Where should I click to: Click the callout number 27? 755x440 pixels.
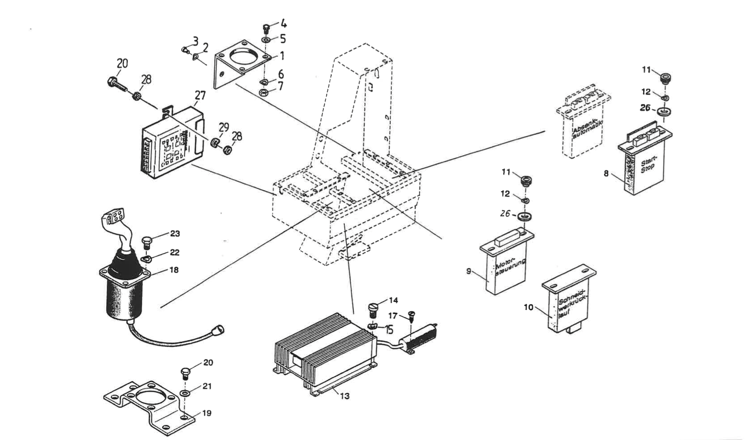(200, 96)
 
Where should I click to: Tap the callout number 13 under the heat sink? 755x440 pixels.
(344, 396)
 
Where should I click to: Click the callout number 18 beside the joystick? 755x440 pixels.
(174, 270)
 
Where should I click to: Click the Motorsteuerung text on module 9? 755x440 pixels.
(510, 267)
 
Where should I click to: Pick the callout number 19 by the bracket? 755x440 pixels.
(207, 413)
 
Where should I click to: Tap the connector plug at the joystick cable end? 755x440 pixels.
(217, 330)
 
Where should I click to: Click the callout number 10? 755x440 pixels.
(528, 308)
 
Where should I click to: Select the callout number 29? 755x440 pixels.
(224, 127)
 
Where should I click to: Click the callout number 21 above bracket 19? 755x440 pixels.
(207, 386)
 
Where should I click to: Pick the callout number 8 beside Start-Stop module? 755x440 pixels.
(606, 173)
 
